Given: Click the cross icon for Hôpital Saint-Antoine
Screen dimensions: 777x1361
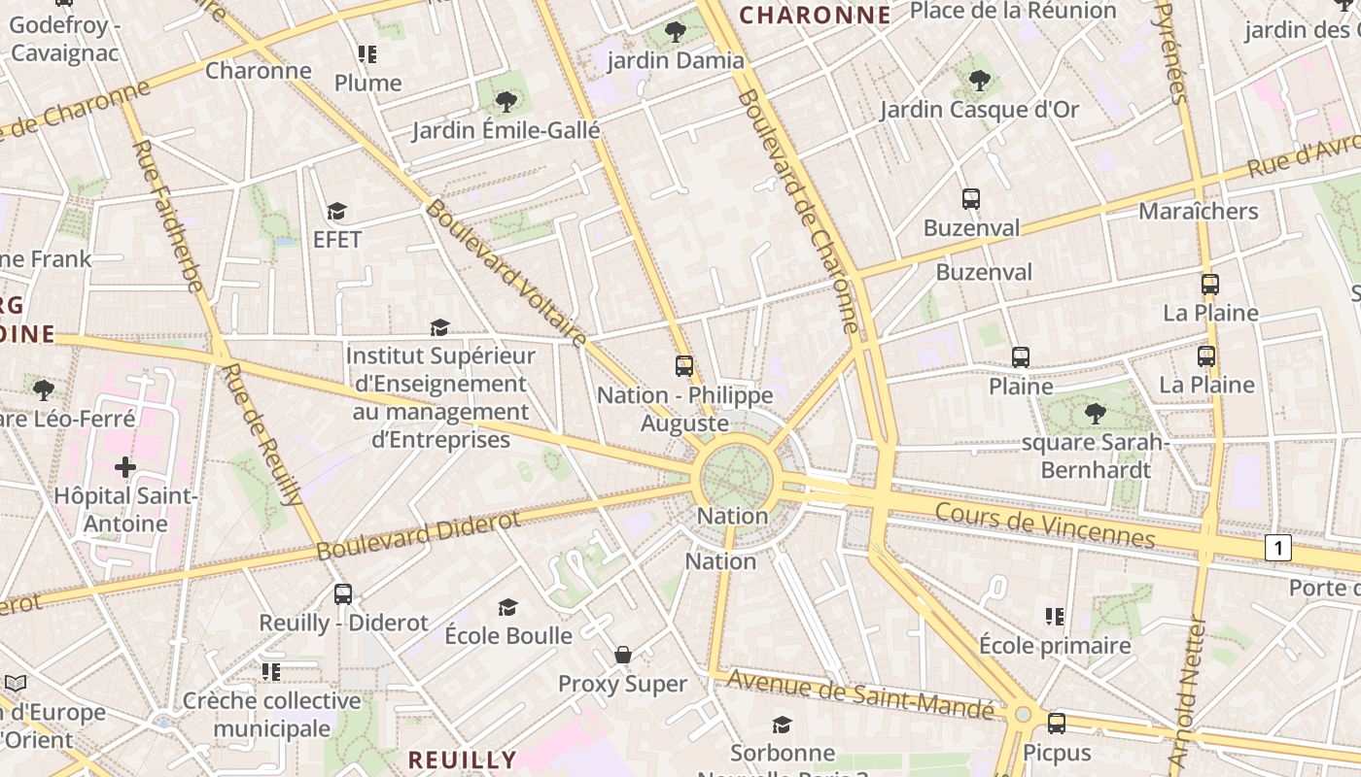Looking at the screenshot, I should point(125,468).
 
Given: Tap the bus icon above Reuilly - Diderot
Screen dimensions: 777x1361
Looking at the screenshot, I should point(343,593).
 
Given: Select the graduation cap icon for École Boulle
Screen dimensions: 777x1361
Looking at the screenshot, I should point(508,608).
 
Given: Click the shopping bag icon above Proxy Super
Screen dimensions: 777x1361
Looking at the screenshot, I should point(623,656).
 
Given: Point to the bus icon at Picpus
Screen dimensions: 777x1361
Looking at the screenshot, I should point(1057,724).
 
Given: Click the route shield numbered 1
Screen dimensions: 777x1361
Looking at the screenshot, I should point(1278,549).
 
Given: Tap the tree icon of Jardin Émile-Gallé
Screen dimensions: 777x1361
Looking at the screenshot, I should point(506,101).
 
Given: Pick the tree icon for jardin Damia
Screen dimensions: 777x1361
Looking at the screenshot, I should point(676,32).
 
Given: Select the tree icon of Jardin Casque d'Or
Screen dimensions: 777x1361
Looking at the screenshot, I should point(980,81).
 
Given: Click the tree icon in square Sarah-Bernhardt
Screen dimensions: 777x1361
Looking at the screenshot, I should point(1096,414).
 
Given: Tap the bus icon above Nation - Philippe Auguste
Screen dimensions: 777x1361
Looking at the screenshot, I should point(684,366).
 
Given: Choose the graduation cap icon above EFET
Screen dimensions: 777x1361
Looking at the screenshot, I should point(337,211).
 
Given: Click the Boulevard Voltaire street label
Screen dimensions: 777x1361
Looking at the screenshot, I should point(506,274).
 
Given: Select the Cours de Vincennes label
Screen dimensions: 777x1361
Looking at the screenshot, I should point(1045,525).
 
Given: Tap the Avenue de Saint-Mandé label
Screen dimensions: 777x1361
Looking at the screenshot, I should point(861,694).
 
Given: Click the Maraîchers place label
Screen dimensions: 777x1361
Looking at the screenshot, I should point(1198,211).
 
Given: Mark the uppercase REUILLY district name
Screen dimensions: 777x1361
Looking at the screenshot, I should point(462,760).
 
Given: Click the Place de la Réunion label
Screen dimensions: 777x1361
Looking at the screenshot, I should point(1013,11).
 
